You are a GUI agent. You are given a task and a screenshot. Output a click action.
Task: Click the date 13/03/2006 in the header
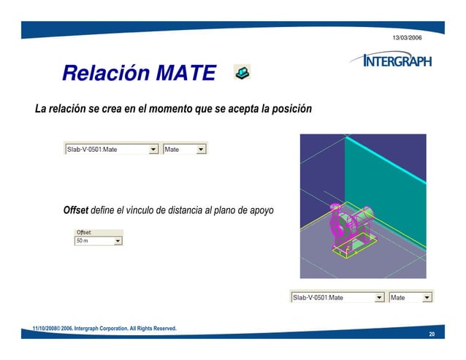[407, 37]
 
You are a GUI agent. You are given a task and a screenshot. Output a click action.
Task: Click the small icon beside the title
[242, 72]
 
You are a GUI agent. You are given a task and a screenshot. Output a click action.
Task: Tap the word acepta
[247, 110]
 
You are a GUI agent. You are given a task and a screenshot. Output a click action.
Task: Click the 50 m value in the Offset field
[84, 240]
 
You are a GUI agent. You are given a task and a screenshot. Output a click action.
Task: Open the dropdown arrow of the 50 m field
[118, 240]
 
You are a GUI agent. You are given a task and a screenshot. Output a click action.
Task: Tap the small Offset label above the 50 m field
[84, 232]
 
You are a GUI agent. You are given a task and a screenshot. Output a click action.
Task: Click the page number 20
[432, 334]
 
